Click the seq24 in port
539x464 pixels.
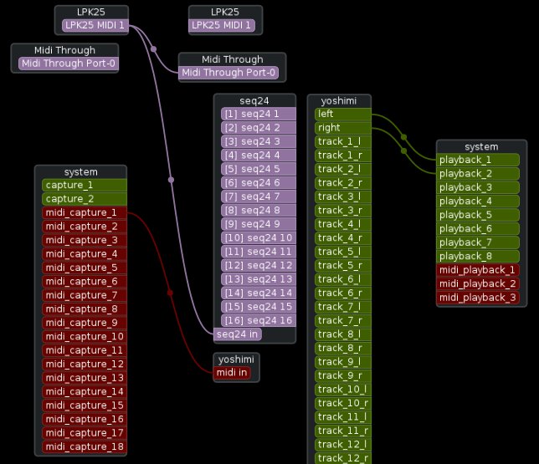238,334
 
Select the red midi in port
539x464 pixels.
232,373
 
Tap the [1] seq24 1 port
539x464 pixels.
258,114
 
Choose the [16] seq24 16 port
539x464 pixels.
258,320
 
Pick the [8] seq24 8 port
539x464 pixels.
258,210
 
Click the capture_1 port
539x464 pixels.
84,186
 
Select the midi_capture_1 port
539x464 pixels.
84,212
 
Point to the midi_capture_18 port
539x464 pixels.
84,446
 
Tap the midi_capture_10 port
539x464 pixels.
84,336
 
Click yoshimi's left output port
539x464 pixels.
341,114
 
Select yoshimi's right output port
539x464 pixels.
341,128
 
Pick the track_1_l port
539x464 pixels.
341,141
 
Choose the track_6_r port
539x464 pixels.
341,293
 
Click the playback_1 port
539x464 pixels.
478,160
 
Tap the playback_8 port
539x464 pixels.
478,256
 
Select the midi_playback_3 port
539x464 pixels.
478,298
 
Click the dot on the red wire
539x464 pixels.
170,293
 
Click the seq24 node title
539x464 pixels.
254,100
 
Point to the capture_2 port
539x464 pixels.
84,199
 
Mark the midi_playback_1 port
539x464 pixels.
478,270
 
